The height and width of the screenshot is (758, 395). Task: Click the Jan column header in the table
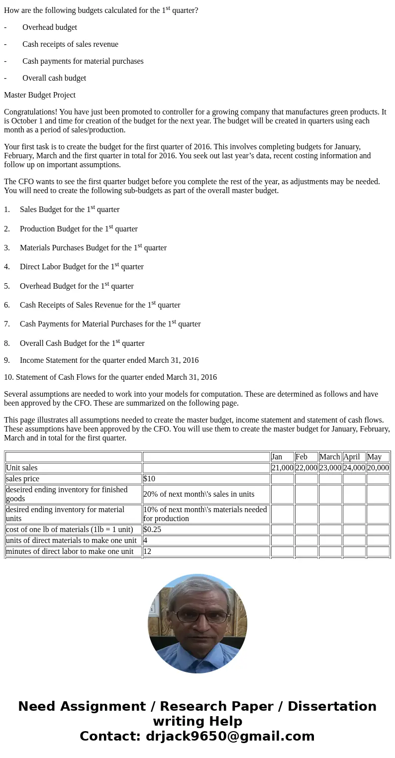point(277,457)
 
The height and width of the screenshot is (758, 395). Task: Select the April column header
point(351,457)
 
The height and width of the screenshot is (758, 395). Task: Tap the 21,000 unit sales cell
point(282,468)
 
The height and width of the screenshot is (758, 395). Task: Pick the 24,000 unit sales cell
point(354,468)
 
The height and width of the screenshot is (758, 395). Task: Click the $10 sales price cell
point(149,479)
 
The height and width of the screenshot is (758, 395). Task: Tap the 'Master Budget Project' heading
point(40,95)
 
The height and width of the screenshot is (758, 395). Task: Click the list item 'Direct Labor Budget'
point(82,267)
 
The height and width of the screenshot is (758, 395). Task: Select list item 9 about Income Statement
point(109,360)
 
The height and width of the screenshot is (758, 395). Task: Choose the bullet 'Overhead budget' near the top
point(50,27)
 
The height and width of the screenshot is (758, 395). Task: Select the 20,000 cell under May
point(378,468)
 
